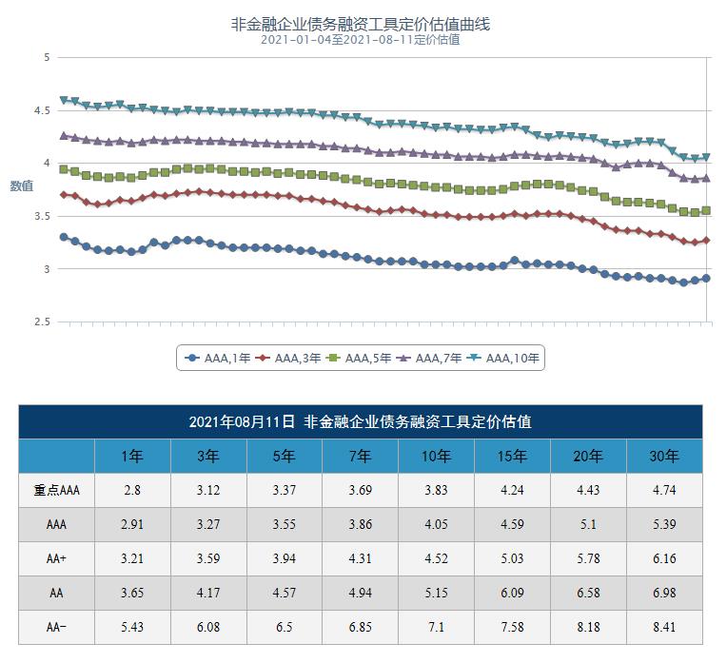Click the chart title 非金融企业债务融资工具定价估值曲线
361,24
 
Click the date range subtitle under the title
361,40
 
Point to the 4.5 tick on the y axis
45,110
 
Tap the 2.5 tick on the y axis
45,322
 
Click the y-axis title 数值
21,185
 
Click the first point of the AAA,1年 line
64,237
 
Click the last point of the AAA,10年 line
706,158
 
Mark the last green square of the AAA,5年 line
706,210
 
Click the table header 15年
512,457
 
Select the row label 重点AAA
56,491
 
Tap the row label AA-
56,627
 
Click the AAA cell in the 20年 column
588,524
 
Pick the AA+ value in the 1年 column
132,558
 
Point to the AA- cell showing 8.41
664,627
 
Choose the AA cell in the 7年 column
361,593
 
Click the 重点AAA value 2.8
132,491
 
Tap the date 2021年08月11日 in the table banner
242,421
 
